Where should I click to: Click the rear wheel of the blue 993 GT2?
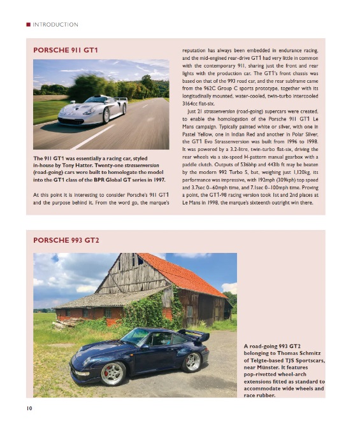pos(191,361)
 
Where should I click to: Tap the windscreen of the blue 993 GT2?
pos(136,336)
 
